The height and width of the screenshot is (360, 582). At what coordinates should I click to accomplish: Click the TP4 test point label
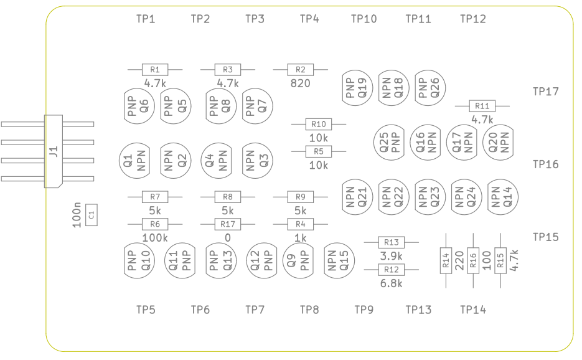[x=309, y=19]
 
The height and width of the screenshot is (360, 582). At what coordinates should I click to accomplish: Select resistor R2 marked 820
[x=301, y=70]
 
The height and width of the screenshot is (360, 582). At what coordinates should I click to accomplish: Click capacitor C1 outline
[x=92, y=216]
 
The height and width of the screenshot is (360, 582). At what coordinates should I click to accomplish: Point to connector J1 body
[x=54, y=151]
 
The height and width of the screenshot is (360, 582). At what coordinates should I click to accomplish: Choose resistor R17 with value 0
[x=228, y=224]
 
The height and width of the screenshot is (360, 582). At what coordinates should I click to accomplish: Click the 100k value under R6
[x=155, y=237]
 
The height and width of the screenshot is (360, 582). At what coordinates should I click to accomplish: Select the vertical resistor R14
[x=446, y=260]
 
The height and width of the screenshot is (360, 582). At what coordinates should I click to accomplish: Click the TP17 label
[x=546, y=92]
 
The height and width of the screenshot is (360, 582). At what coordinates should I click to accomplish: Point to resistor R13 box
[x=392, y=242]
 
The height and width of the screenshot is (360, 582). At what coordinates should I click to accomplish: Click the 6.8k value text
[x=392, y=283]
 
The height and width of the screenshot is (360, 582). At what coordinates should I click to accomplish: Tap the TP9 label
[x=364, y=310]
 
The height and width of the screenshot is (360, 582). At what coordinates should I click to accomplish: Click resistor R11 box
[x=482, y=106]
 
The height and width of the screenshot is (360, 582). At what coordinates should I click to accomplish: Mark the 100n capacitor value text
[x=77, y=215]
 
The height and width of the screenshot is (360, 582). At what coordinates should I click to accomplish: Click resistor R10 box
[x=319, y=124]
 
